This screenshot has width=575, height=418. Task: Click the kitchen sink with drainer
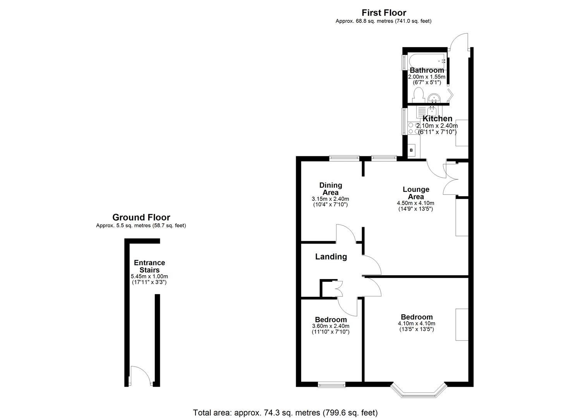[427, 113]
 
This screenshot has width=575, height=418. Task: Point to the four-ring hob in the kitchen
[413, 128]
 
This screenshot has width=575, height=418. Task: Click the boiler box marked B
[411, 150]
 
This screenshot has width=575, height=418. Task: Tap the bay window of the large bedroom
[418, 391]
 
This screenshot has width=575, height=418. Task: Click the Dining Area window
[344, 158]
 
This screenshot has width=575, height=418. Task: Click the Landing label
[331, 257]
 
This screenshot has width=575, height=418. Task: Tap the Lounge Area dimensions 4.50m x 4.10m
[415, 203]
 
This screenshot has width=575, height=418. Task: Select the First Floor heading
[383, 13]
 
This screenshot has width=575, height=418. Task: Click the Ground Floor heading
[141, 218]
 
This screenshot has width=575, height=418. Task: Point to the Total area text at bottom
[285, 413]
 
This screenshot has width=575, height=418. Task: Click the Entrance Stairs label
[149, 266]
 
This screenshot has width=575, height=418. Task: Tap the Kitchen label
[437, 118]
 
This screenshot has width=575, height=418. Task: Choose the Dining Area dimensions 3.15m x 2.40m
[330, 199]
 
